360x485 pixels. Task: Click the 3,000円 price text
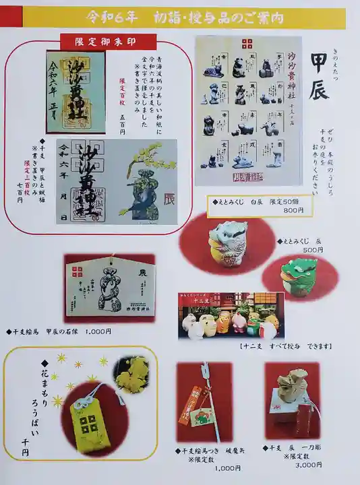point(309,464)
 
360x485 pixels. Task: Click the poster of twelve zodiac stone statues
point(247,110)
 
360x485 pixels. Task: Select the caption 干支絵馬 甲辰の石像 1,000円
point(61,331)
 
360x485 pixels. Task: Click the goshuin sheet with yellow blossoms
point(125,182)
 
